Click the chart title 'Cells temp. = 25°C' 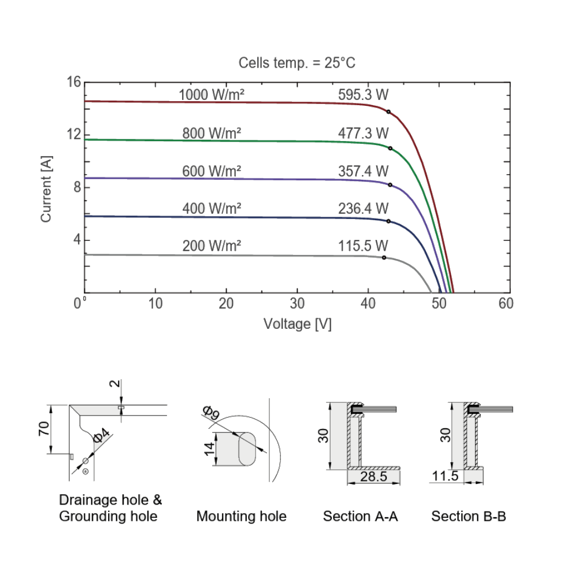pyautogui.click(x=297, y=62)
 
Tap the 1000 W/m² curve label pyautogui.click(x=211, y=95)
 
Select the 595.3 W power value pyautogui.click(x=363, y=95)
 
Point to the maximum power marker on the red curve pyautogui.click(x=388, y=112)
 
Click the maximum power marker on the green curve pyautogui.click(x=390, y=148)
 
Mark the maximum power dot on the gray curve pyautogui.click(x=384, y=257)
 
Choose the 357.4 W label pyautogui.click(x=363, y=171)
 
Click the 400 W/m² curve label pyautogui.click(x=212, y=209)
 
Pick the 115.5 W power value pyautogui.click(x=363, y=246)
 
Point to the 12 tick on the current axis pyautogui.click(x=74, y=134)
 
